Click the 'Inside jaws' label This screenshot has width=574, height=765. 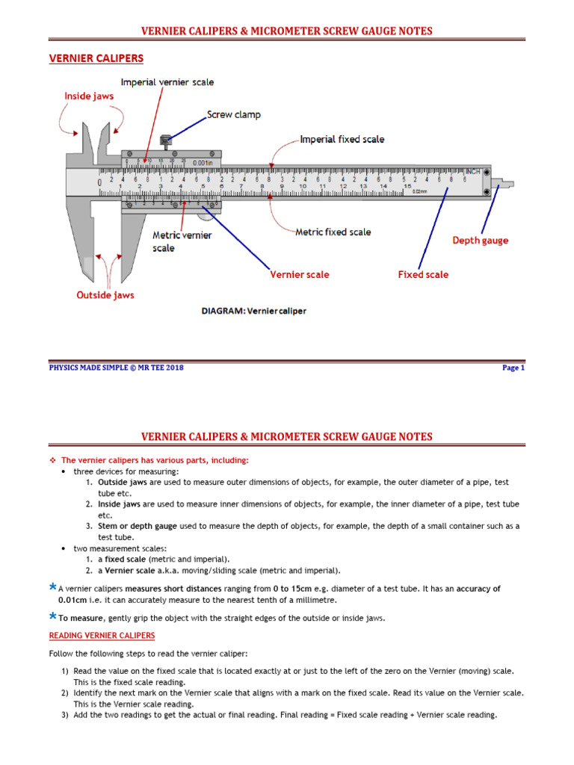coord(89,96)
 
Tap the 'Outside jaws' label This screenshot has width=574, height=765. coord(105,295)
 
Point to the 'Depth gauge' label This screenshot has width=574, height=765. coord(480,241)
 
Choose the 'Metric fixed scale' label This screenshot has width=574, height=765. coord(333,232)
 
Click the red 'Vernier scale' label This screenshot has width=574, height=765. coord(299,275)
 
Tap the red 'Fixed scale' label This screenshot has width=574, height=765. coord(423,275)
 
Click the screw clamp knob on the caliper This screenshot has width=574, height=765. coord(166,140)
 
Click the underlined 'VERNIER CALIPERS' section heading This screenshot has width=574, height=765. coord(96,58)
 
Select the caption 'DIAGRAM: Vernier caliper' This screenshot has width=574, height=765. coord(254,311)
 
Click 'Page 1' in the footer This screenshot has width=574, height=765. coord(513,368)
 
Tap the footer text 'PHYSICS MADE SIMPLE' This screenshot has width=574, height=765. coord(89,368)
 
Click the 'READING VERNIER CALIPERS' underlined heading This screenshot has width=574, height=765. coord(102,636)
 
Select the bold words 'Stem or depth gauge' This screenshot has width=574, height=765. coord(138,526)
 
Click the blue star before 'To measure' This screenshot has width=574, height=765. coord(52,616)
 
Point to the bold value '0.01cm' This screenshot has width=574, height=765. coord(73,600)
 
